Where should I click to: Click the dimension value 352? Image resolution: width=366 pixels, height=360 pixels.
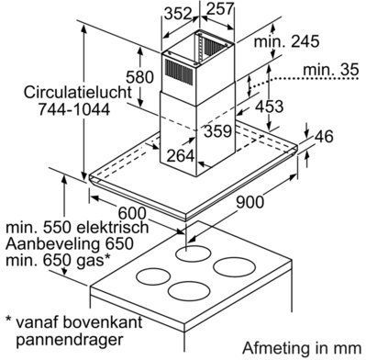tap(178, 14)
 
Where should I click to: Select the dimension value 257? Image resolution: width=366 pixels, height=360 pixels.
tap(220, 9)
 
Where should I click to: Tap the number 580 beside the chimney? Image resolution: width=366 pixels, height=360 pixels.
tap(140, 77)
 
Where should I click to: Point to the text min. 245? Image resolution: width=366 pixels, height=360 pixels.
tap(286, 41)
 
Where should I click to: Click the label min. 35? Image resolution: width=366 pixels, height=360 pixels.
tap(330, 70)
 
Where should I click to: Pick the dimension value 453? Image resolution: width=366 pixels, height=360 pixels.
tap(269, 107)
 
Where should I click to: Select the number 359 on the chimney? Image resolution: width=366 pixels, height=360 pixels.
tap(217, 131)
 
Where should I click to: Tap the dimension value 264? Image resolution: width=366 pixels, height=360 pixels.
tap(181, 156)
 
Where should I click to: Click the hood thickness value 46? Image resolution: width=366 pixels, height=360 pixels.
tap(324, 136)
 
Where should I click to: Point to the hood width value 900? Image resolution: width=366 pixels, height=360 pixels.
tap(250, 202)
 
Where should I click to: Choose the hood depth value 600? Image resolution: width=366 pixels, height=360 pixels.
tap(132, 213)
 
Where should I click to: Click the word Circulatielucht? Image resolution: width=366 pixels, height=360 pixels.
tap(78, 92)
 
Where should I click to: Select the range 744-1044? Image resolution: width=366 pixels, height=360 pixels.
tap(74, 108)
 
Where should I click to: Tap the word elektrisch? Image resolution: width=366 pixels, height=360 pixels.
tap(113, 228)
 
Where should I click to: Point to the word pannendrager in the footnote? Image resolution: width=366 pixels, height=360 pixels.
tap(70, 340)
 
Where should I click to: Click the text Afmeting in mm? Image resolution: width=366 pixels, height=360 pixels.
tap(302, 348)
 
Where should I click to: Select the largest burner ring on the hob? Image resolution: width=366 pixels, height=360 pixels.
tap(234, 266)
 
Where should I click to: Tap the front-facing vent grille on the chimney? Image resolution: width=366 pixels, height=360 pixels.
tap(180, 72)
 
